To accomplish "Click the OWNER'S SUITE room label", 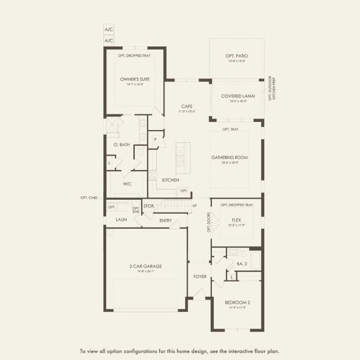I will [x=134, y=79].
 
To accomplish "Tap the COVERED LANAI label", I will [x=235, y=96].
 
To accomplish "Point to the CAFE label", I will [x=187, y=106].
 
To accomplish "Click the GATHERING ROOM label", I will [x=229, y=157].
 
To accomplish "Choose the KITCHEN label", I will [x=170, y=180].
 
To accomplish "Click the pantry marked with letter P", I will [x=155, y=139].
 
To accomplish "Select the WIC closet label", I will [x=127, y=184].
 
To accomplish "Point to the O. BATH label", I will [x=122, y=145].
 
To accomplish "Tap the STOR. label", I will [x=149, y=206].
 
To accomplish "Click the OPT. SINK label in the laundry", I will [x=136, y=209].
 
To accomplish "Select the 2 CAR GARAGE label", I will [x=145, y=266].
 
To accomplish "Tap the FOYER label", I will [x=199, y=277].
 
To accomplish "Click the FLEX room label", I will [x=236, y=220].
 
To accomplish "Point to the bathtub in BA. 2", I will [x=254, y=260].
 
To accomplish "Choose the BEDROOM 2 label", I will [x=236, y=302].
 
